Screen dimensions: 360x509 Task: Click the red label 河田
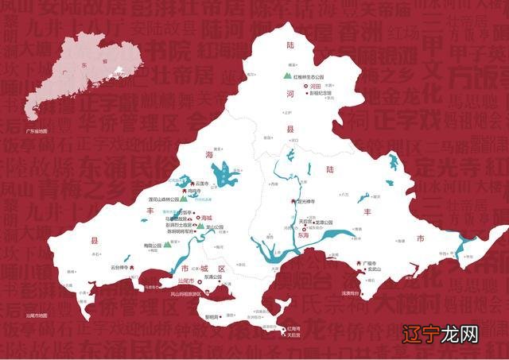click(x=315, y=85)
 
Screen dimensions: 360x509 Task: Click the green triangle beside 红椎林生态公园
click(x=288, y=76)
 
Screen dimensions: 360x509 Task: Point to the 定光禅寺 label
click(x=310, y=200)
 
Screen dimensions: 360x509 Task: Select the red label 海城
click(x=208, y=217)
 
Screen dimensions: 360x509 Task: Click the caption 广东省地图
click(x=37, y=130)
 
